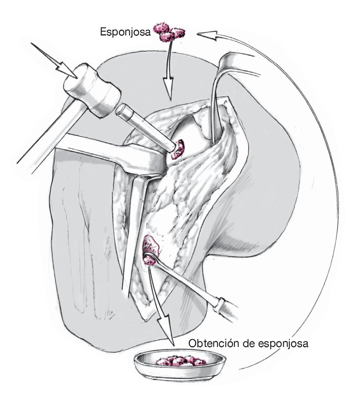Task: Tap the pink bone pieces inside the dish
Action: click(180, 361)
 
